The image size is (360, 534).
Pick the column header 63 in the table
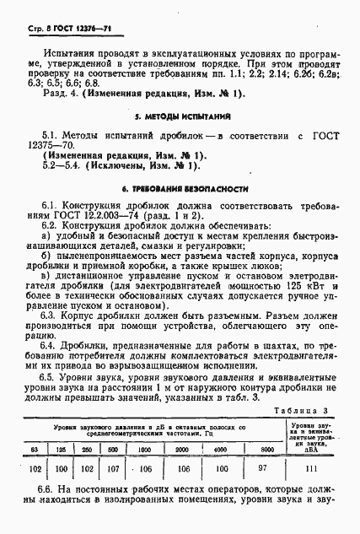click(34, 448)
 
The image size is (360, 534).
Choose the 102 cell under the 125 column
click(60, 468)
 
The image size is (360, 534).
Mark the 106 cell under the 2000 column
click(184, 468)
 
